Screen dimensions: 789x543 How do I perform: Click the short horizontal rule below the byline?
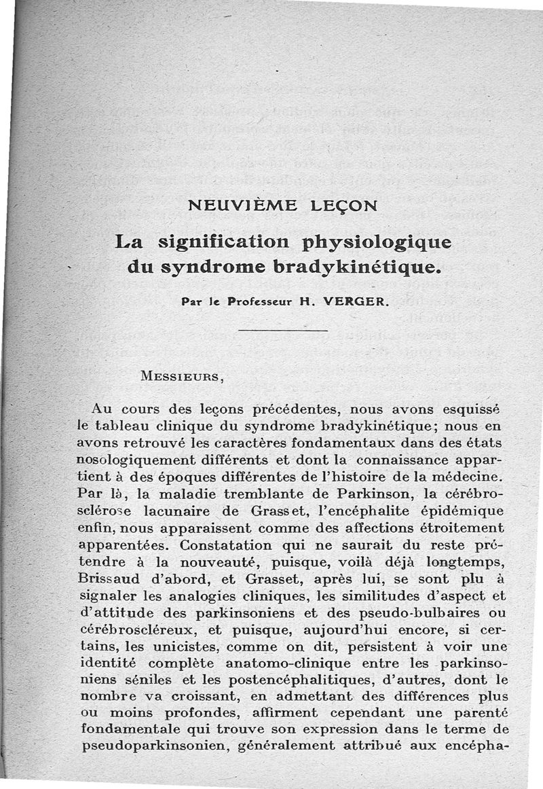click(x=284, y=331)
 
